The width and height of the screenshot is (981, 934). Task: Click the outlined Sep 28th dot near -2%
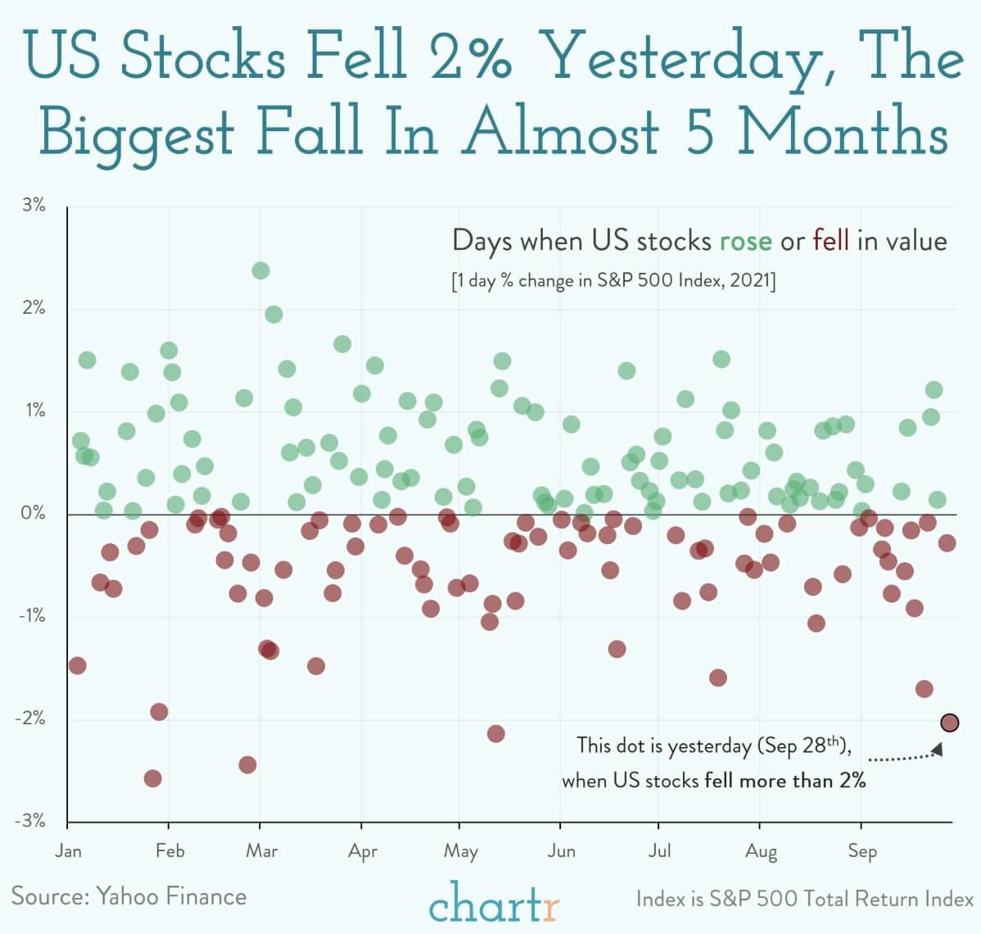pos(950,723)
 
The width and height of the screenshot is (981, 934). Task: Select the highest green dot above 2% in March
pos(260,270)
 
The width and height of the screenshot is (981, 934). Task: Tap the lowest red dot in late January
pos(152,778)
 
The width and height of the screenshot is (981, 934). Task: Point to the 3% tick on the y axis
pos(34,206)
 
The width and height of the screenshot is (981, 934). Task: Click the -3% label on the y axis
pos(31,821)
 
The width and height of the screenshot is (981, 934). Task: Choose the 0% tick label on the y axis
pos(34,514)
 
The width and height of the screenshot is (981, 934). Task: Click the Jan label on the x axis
pos(69,850)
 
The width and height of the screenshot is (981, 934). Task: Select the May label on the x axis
pos(460,851)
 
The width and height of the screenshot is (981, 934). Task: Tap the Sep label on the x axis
pos(862,850)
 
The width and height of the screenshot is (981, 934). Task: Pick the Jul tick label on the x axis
pos(659,850)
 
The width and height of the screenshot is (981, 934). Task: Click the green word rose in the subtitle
pos(745,241)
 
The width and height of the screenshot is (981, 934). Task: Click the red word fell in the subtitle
pos(831,241)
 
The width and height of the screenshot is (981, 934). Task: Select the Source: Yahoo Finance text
pos(129,895)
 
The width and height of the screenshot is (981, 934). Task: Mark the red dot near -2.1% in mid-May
pos(495,733)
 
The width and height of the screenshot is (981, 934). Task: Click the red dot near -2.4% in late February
pos(247,764)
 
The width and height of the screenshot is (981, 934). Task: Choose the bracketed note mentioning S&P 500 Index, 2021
pos(613,281)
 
